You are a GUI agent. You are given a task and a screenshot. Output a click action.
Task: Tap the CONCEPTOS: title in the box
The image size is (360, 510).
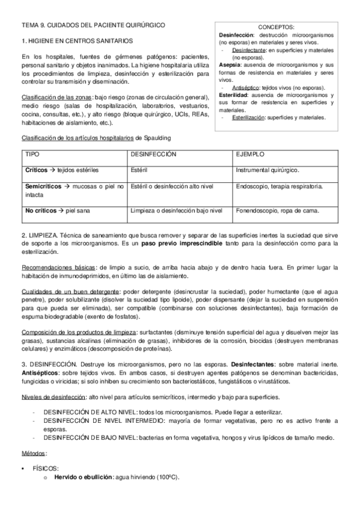(276, 28)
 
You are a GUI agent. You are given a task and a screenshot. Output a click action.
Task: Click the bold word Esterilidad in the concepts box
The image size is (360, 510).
(236, 95)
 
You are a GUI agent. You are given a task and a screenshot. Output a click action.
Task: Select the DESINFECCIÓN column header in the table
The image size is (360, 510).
(153, 155)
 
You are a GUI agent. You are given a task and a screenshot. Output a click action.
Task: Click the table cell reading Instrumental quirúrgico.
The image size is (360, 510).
(267, 170)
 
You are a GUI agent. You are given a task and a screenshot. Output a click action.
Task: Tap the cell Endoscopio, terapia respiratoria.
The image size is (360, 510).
(279, 186)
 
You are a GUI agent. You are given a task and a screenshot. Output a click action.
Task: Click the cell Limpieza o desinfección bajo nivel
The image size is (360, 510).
(176, 210)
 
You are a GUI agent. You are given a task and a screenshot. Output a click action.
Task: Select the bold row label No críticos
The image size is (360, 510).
(41, 210)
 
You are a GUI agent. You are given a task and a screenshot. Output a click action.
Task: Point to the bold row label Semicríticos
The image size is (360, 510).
(43, 186)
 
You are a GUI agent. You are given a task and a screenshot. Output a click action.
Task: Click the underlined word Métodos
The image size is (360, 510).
(34, 453)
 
